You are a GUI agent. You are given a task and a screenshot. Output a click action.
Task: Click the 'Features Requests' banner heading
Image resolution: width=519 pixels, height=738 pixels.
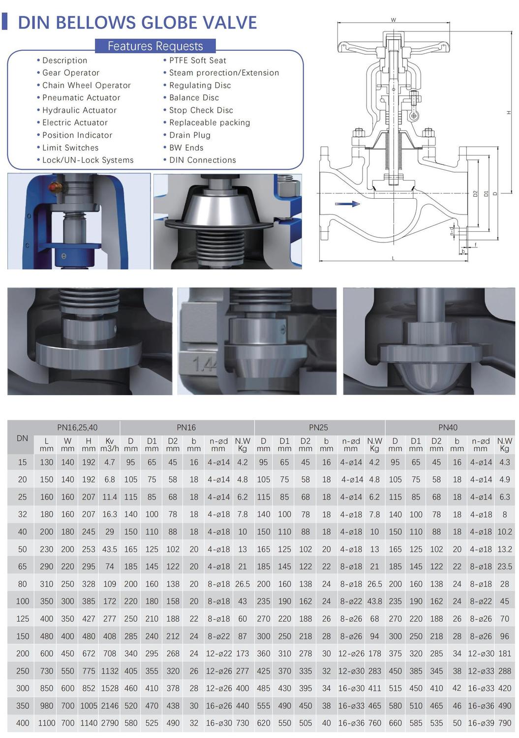(x=155, y=46)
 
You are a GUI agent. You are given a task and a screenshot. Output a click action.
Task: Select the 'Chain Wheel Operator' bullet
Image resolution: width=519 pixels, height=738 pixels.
(x=86, y=85)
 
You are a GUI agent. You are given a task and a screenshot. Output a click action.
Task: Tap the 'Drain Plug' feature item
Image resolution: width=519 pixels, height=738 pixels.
(x=189, y=135)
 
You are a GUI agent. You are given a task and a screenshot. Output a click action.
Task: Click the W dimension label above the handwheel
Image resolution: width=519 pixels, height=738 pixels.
(x=393, y=20)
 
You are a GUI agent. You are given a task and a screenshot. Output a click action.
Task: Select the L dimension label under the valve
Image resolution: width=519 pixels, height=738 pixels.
(x=393, y=258)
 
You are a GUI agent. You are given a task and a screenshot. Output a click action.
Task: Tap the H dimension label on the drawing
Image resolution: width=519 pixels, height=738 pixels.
(x=509, y=113)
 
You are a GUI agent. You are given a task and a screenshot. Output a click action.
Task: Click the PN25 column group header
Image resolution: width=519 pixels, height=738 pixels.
(x=318, y=428)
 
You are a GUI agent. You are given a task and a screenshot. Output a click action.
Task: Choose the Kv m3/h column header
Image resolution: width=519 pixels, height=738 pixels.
(x=109, y=445)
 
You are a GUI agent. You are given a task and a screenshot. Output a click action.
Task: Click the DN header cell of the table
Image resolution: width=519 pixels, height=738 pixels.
(x=22, y=438)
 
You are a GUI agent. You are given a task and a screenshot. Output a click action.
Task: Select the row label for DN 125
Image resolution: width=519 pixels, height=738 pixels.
(x=23, y=619)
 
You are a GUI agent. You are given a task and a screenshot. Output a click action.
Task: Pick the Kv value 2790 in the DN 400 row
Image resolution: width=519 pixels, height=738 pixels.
(x=109, y=723)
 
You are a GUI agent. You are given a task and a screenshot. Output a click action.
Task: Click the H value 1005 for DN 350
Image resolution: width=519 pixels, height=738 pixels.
(x=89, y=706)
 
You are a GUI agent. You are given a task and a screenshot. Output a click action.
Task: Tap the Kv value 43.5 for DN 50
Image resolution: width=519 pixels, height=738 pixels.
(x=109, y=549)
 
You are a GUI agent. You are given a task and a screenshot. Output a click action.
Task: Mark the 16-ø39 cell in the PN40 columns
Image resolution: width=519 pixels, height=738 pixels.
(x=481, y=723)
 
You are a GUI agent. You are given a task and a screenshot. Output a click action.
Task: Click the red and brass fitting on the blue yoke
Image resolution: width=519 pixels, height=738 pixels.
(x=55, y=188)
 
